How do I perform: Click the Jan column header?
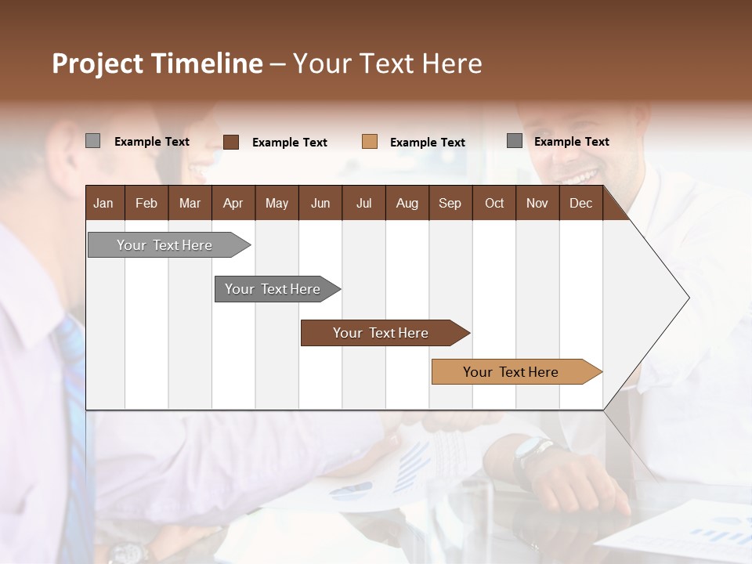point(104,203)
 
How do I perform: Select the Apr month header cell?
point(233,203)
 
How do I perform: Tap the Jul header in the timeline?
point(363,203)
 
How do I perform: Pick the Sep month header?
point(450,203)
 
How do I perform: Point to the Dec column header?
point(580,203)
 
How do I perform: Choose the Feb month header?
point(146,203)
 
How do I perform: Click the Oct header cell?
point(494,203)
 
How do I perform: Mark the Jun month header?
point(320,203)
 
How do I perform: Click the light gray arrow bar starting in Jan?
point(165,245)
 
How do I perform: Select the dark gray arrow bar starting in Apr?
point(273,289)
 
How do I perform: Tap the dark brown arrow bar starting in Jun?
point(381,333)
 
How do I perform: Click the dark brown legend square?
point(231,142)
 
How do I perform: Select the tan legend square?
point(370,142)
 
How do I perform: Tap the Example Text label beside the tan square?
point(428,142)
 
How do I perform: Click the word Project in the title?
point(99,63)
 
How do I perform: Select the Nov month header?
point(537,203)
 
